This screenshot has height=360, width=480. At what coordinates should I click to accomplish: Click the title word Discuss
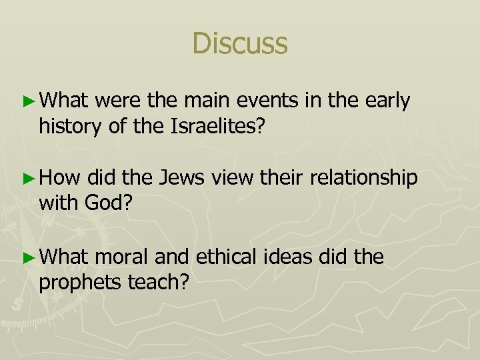coord(240,43)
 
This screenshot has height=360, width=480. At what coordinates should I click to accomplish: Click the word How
coord(59,178)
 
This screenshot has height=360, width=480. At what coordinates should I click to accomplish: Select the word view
coord(229,179)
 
